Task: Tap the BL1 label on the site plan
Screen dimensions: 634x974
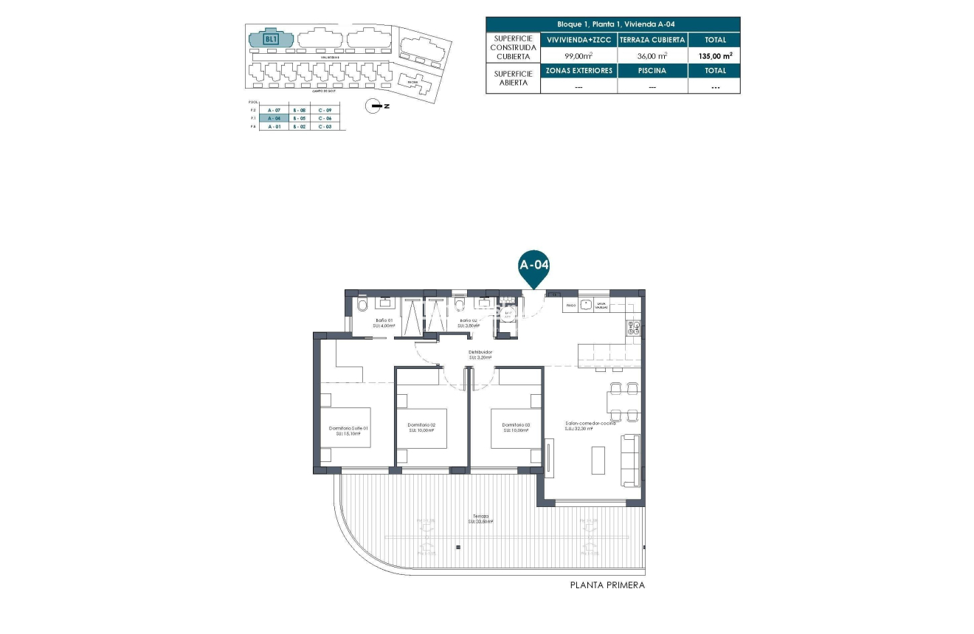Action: pyautogui.click(x=271, y=38)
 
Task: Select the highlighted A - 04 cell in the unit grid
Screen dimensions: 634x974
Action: pyautogui.click(x=274, y=118)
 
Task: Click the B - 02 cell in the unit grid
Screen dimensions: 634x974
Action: pyautogui.click(x=299, y=127)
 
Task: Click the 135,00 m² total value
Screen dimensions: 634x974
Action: pyautogui.click(x=714, y=55)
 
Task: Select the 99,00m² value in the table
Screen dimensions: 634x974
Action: pyautogui.click(x=578, y=55)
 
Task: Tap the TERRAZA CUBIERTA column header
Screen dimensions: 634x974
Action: pyautogui.click(x=652, y=40)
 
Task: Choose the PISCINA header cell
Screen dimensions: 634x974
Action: pyautogui.click(x=652, y=71)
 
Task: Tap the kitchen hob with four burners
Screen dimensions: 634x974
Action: pyautogui.click(x=634, y=328)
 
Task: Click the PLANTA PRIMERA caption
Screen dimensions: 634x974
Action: pyautogui.click(x=607, y=585)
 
